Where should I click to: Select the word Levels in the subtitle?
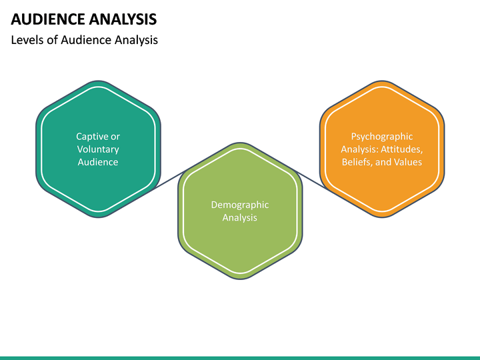[x=27, y=40]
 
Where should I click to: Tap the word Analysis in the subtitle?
[x=135, y=40]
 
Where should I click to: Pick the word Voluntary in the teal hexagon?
[x=98, y=149]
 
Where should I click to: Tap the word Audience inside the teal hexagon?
[x=98, y=162]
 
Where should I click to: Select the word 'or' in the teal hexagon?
[x=115, y=137]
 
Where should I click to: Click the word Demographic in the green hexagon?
[x=240, y=205]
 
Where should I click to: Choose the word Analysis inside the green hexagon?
[x=240, y=217]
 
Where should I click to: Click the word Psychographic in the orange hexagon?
[x=382, y=137]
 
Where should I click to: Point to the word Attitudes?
[x=401, y=149]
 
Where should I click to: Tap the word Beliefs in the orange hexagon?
[x=357, y=162]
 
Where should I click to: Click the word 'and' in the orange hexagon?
[x=386, y=162]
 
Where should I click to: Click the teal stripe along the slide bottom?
[x=240, y=357]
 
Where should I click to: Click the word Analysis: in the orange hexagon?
[x=360, y=149]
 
